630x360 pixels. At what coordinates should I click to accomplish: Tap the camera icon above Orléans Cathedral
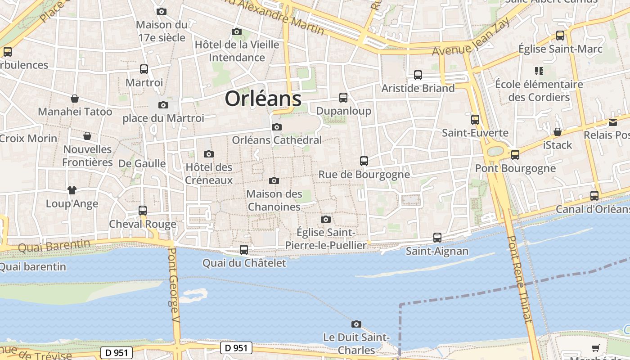pos(277,127)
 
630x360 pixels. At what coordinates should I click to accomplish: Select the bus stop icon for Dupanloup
pos(343,97)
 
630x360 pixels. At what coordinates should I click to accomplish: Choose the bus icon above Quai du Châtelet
pos(244,249)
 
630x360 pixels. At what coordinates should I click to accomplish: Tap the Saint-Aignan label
pos(437,251)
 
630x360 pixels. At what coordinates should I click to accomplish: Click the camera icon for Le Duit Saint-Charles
pos(356,324)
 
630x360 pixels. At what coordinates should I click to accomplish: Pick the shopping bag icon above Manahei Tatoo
pos(74,99)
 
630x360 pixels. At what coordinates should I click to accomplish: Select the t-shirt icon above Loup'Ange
pos(72,190)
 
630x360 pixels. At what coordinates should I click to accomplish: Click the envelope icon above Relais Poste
pos(613,122)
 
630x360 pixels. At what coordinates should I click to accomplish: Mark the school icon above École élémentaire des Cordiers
pos(539,71)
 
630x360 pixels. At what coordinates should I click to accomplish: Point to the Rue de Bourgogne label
pos(364,174)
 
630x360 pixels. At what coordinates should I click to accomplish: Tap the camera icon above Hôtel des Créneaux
pos(208,154)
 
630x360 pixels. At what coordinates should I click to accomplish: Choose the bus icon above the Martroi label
pos(144,69)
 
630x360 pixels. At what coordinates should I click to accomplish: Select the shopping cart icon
pos(596,347)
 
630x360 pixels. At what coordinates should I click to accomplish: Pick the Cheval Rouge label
pos(143,224)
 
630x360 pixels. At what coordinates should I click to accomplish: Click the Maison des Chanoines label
pos(274,200)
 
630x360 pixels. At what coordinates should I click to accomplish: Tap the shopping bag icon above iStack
pos(558,132)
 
